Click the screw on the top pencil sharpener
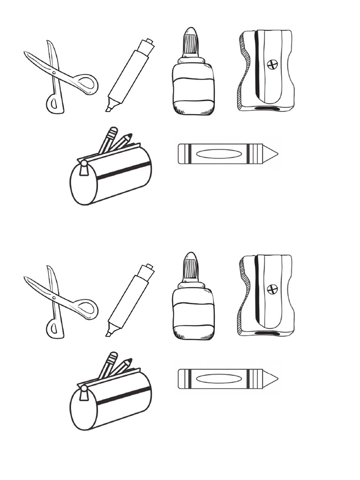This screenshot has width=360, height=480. coord(272,64)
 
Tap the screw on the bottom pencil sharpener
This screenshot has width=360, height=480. coord(272,289)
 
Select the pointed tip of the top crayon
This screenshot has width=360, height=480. coord(272,154)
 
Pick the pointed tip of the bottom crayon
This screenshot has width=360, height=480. coord(272,379)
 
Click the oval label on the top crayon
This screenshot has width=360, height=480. coord(218,154)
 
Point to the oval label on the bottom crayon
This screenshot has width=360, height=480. coord(218,379)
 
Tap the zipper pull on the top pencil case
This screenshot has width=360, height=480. coord(84,169)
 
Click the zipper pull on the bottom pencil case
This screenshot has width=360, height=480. coord(84,394)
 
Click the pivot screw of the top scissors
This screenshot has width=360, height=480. coord(54,73)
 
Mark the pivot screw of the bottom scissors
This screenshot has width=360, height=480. coord(54,298)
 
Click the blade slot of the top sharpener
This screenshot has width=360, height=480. coord(257,66)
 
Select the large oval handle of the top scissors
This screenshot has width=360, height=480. coord(86,84)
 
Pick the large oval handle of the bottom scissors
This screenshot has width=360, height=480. coord(86,309)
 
